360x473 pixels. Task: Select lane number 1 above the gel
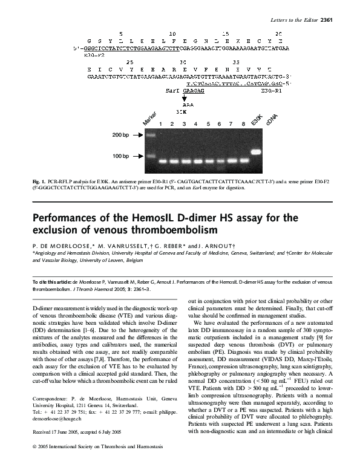click(161, 123)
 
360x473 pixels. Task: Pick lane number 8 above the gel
click(243, 123)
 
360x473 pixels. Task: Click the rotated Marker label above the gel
click(149, 119)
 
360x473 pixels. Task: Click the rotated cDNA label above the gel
click(271, 117)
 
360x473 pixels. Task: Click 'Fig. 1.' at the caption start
click(38, 181)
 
